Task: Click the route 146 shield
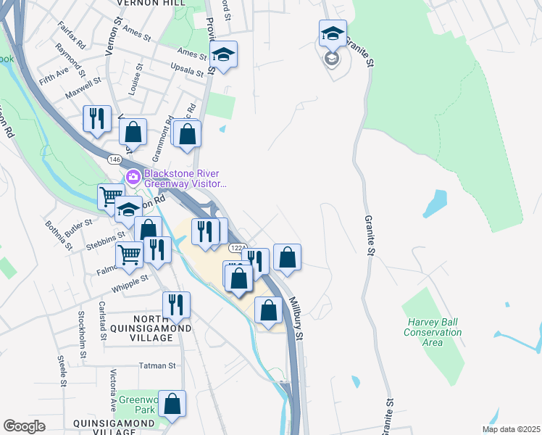pos(114,158)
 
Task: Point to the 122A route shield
pos(238,248)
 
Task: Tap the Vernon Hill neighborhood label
pos(150,3)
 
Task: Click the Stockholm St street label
pos(83,328)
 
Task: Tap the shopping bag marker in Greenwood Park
pos(172,404)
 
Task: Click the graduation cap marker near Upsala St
pos(223,54)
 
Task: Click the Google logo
pos(25,426)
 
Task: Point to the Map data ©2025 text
pos(510,429)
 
